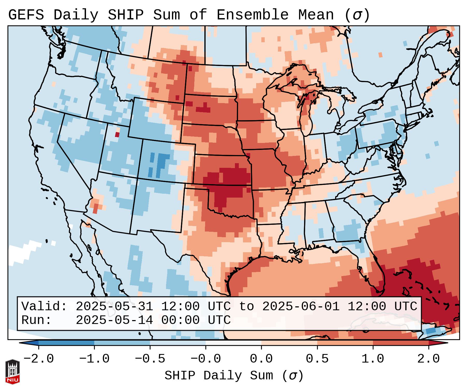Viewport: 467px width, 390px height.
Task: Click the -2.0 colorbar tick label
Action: click(x=39, y=359)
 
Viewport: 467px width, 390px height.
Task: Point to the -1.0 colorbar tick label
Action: click(x=94, y=359)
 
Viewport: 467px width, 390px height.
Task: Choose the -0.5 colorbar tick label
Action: click(x=150, y=359)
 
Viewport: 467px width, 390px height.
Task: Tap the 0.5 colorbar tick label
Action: click(x=317, y=359)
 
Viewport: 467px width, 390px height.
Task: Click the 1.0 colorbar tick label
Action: click(x=373, y=359)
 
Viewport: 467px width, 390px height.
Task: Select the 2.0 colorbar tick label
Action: click(x=428, y=359)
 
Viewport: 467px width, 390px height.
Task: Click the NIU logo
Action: click(x=12, y=372)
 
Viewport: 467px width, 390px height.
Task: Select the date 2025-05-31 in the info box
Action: click(x=114, y=307)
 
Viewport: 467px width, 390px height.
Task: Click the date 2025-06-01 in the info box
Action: click(x=301, y=307)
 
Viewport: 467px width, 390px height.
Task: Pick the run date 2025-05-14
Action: click(x=114, y=320)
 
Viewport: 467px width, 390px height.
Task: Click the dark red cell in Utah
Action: click(x=117, y=135)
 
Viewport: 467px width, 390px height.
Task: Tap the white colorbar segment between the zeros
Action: click(x=233, y=343)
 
